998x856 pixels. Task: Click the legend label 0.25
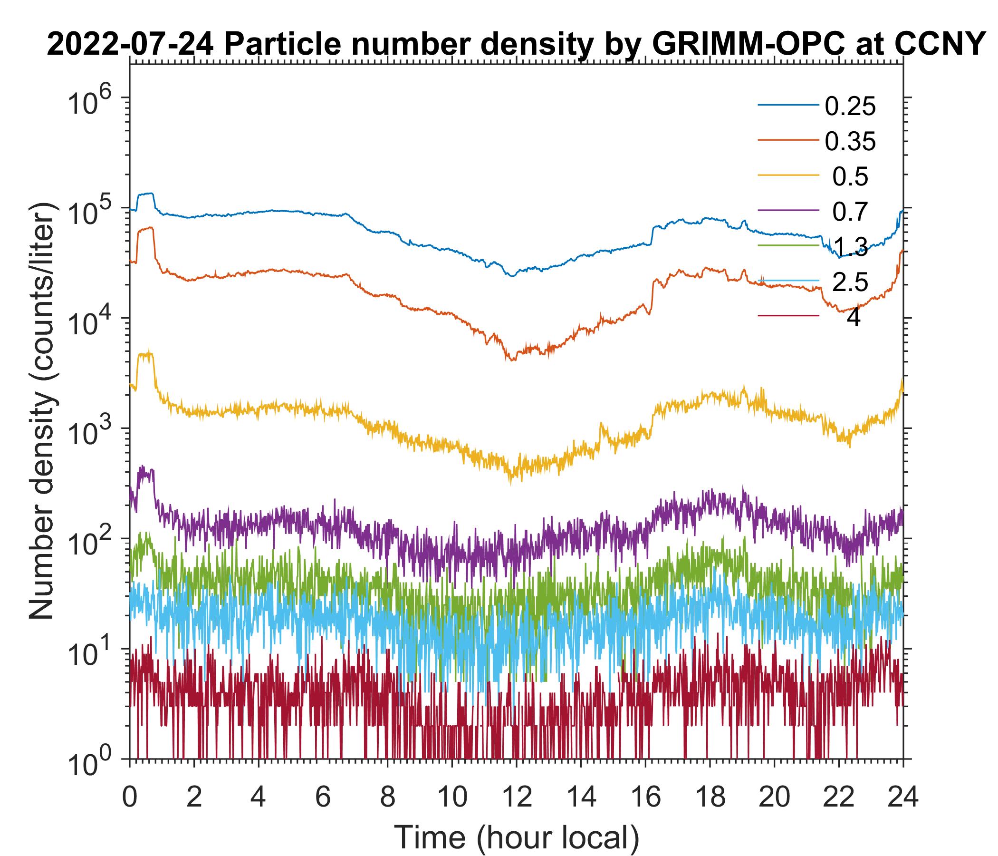[850, 107]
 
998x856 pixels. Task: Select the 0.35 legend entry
[850, 142]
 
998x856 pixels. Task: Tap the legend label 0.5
[850, 177]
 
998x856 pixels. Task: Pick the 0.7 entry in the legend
[850, 212]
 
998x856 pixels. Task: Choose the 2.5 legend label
[850, 282]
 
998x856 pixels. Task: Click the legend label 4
[853, 318]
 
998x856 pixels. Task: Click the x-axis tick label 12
[516, 796]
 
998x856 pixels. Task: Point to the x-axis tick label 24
[902, 796]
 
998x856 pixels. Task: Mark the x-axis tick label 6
[323, 796]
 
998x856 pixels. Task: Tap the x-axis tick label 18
[710, 796]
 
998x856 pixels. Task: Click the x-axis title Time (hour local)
[516, 837]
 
